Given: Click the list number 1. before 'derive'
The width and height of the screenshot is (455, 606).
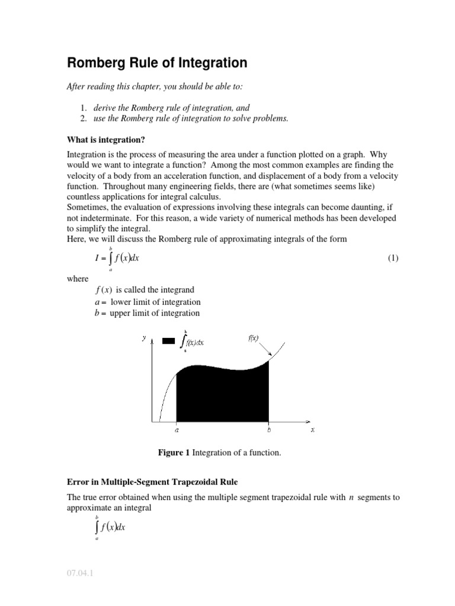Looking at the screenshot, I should point(84,108).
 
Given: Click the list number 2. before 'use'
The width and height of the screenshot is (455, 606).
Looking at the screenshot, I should point(84,118).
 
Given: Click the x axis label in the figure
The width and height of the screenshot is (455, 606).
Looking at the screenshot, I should point(312,430).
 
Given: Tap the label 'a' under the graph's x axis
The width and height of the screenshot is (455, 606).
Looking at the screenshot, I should point(177,431).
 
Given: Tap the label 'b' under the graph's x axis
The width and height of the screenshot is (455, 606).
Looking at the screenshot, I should point(269,431).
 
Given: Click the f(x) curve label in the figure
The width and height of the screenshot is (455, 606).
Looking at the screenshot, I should point(252,339).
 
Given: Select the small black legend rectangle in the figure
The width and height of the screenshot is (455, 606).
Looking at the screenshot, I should point(168,341).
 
